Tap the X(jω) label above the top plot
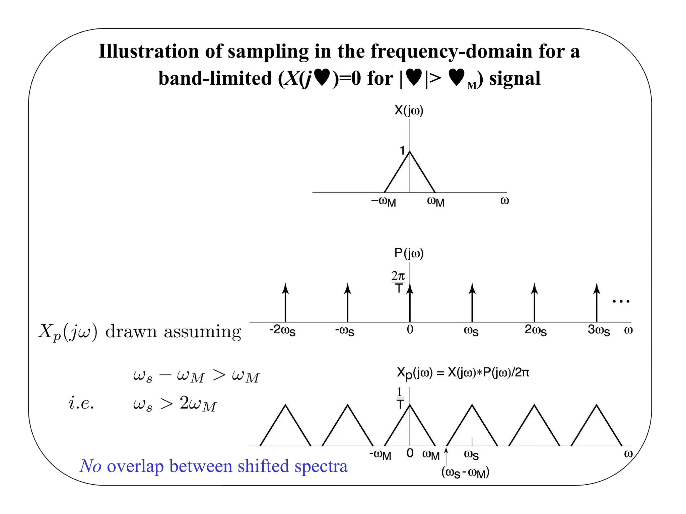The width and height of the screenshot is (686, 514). pyautogui.click(x=409, y=110)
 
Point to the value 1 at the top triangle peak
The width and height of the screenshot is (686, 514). pyautogui.click(x=402, y=151)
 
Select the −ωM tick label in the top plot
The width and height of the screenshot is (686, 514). pyautogui.click(x=384, y=202)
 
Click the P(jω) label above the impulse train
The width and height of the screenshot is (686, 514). pyautogui.click(x=409, y=253)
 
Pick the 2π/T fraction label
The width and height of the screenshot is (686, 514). pyautogui.click(x=398, y=282)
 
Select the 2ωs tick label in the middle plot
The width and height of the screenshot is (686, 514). pyautogui.click(x=535, y=330)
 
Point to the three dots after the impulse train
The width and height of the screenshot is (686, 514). pyautogui.click(x=621, y=302)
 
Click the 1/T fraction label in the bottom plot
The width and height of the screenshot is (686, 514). pyautogui.click(x=400, y=398)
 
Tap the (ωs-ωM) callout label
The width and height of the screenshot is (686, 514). pyautogui.click(x=465, y=473)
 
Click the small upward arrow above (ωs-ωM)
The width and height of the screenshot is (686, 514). pyautogui.click(x=446, y=456)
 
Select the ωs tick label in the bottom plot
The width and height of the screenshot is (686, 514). pyautogui.click(x=471, y=454)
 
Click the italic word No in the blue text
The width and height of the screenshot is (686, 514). pyautogui.click(x=90, y=466)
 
